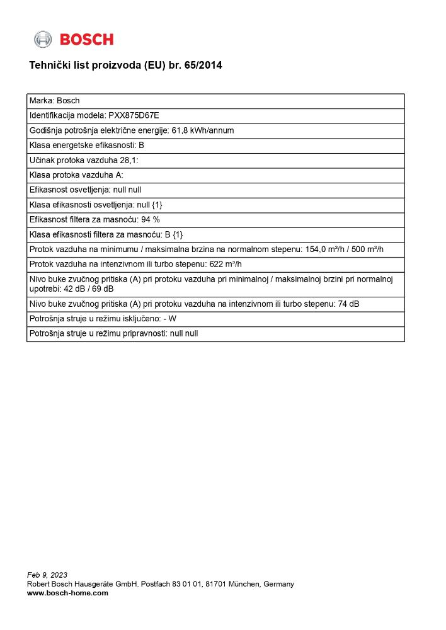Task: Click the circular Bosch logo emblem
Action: [x=43, y=39]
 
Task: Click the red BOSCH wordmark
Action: [x=87, y=40]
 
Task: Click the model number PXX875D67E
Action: [x=134, y=116]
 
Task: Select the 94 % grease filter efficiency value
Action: [x=151, y=219]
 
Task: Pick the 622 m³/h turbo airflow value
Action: [x=225, y=265]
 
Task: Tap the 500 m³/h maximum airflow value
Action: [x=365, y=249]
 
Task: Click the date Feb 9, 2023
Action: [x=47, y=575]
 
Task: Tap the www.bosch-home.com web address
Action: [x=67, y=593]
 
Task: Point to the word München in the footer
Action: [x=243, y=584]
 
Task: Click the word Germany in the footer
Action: [x=278, y=584]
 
